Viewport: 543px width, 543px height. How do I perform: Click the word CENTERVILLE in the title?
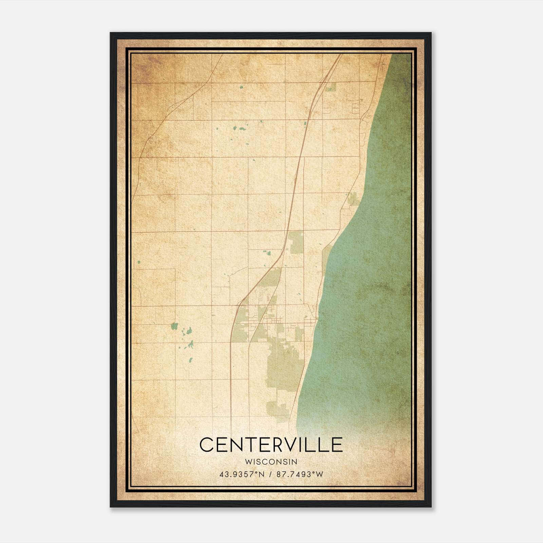click(x=271, y=445)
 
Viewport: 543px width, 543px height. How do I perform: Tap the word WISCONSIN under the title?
click(x=271, y=462)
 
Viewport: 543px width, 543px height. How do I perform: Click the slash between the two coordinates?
click(x=270, y=474)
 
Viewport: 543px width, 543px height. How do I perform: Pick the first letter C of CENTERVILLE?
click(x=207, y=445)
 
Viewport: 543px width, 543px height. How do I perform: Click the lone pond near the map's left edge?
click(x=139, y=262)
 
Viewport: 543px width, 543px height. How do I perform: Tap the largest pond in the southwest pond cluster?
click(x=174, y=326)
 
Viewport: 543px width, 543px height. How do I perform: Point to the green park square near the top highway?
click(x=331, y=87)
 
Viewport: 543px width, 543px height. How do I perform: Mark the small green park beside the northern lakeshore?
click(x=353, y=200)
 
